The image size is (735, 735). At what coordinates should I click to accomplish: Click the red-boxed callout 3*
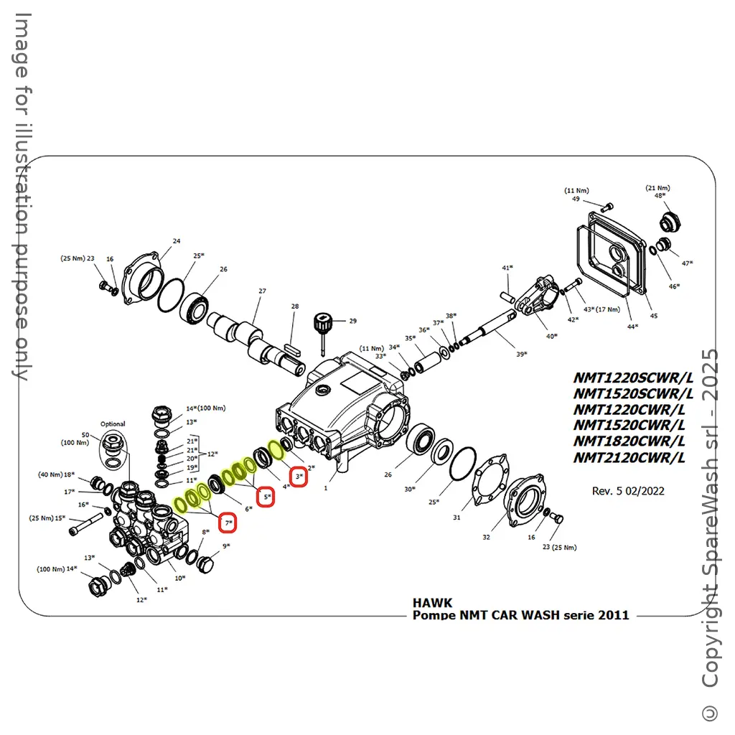[x=299, y=477]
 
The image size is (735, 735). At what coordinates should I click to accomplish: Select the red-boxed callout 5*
[x=266, y=497]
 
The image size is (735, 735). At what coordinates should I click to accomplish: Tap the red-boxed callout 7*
[x=228, y=523]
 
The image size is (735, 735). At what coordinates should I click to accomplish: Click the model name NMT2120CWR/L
[x=629, y=458]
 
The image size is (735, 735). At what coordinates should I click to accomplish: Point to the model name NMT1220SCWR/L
[x=632, y=378]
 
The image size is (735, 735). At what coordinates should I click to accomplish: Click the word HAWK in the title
[x=432, y=603]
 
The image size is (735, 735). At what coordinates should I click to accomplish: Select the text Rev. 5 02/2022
[x=627, y=491]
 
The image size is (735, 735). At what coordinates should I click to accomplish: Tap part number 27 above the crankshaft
[x=262, y=291]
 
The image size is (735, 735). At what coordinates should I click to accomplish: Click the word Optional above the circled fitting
[x=113, y=424]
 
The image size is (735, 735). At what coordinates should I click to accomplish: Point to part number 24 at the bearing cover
[x=177, y=241]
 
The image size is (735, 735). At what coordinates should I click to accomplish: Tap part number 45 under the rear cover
[x=653, y=316]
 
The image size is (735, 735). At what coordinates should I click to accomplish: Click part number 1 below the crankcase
[x=325, y=488]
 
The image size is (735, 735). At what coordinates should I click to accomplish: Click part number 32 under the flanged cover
[x=486, y=537]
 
